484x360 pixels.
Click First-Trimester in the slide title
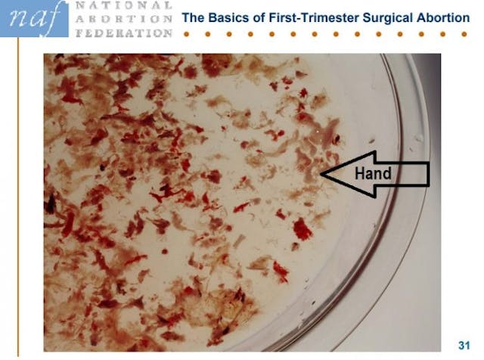click(x=312, y=17)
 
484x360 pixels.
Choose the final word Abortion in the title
click(x=442, y=17)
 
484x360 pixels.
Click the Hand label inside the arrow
click(x=373, y=173)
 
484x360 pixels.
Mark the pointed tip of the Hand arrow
click(x=321, y=174)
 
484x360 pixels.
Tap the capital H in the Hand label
click(x=361, y=173)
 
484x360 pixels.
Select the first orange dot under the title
click(x=186, y=35)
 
